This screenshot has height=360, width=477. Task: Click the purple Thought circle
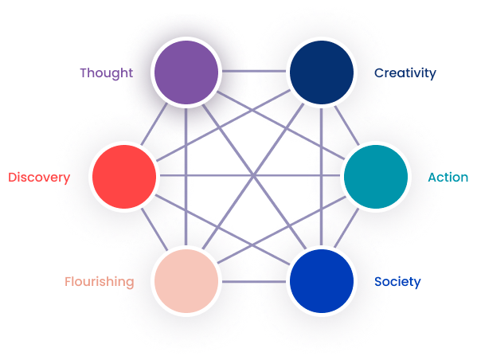point(186,72)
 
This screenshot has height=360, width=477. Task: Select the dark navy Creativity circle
point(322,72)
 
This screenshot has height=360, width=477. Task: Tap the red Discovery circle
point(124,177)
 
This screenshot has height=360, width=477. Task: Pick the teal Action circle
point(376,177)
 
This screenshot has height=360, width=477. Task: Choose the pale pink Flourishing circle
point(186,281)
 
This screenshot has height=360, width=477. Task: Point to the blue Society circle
point(322,281)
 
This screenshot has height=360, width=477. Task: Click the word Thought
point(107,73)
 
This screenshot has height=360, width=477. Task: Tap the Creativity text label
point(405,73)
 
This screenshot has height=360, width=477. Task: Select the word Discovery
point(39,178)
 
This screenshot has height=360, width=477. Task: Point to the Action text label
point(448,177)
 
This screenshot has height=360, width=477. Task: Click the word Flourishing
point(100,282)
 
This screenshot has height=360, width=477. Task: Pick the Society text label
point(397,282)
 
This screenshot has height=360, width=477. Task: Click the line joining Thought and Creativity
point(254,72)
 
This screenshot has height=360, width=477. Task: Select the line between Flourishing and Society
point(254,282)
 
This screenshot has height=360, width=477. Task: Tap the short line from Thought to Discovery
point(154,124)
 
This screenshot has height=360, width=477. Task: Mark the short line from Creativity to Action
point(346,125)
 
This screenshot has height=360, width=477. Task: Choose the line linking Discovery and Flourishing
point(154,229)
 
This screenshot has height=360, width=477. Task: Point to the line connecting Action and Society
point(346,229)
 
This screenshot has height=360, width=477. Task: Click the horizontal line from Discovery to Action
point(250,175)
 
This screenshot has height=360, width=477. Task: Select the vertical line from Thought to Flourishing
point(186,177)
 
